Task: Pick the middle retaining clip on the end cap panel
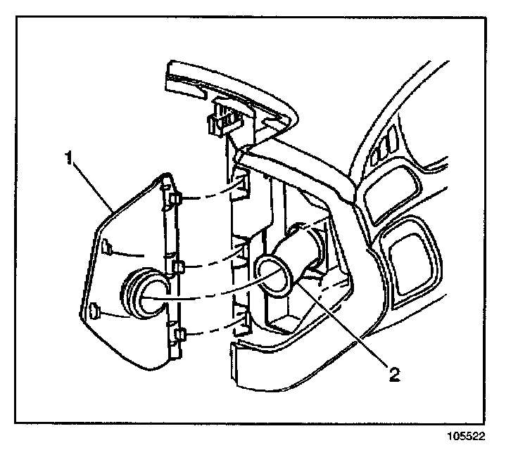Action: pos(177,268)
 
